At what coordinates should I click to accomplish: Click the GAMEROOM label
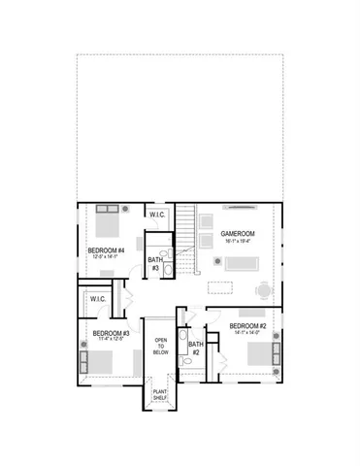tap(237, 234)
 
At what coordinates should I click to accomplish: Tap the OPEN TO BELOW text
tap(162, 347)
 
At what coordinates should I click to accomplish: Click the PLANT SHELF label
tap(161, 396)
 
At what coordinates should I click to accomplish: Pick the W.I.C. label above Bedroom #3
tap(97, 299)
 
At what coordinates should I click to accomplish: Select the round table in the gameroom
tap(263, 288)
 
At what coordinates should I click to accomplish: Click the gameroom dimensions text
tap(237, 242)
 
